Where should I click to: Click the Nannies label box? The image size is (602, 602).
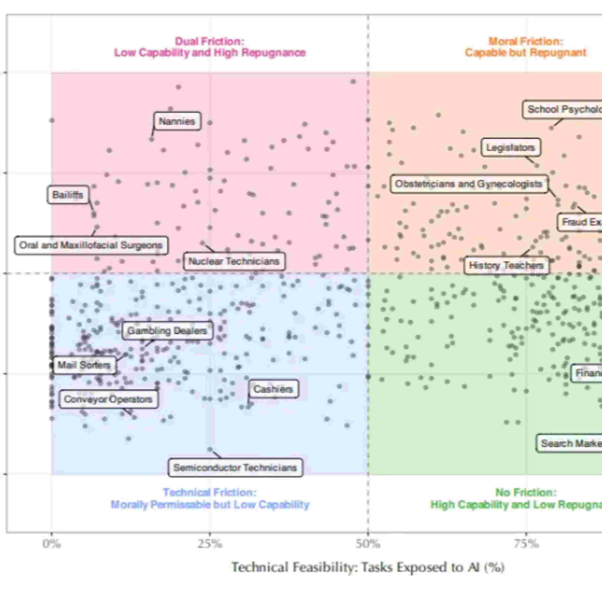click(x=177, y=121)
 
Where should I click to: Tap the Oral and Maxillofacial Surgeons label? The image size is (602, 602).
click(x=91, y=245)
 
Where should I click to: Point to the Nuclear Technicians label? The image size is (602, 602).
click(x=234, y=261)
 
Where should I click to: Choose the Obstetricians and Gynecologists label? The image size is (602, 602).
click(x=469, y=184)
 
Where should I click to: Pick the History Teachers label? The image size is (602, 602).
click(x=506, y=265)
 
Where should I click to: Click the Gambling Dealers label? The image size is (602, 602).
click(x=167, y=331)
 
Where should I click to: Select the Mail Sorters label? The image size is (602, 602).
click(x=84, y=365)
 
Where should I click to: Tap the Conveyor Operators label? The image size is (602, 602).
click(x=108, y=399)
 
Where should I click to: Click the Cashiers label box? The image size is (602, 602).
click(x=273, y=389)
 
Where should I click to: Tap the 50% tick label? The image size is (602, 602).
click(x=368, y=544)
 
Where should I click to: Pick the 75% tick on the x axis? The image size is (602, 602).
click(x=526, y=544)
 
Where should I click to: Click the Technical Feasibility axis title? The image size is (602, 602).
click(x=368, y=567)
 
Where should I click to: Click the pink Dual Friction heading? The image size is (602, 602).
click(x=210, y=47)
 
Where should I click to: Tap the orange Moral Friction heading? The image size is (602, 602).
click(x=526, y=47)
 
